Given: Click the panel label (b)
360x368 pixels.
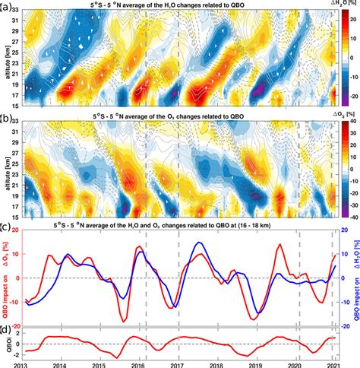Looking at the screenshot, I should point(6,116).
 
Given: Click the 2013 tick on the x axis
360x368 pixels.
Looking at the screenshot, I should point(24,363).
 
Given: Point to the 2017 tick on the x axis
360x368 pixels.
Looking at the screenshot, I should point(178,363).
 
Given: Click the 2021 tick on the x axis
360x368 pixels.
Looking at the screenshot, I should point(333,363).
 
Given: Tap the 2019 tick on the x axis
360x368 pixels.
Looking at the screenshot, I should point(256,363).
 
